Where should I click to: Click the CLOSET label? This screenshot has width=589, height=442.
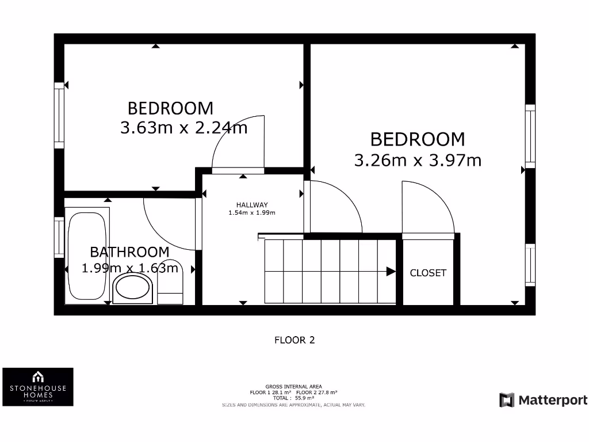point(428,273)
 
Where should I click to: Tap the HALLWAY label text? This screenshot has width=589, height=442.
point(252,205)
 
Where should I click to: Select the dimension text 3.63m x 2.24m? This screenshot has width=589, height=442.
point(183,127)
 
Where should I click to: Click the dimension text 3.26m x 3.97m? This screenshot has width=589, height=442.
point(418,160)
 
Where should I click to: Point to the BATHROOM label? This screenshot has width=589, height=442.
point(129,252)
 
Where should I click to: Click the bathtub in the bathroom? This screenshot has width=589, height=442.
point(86,257)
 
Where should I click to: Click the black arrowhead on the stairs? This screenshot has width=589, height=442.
point(391,272)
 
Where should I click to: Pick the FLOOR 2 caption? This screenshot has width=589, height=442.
point(294,340)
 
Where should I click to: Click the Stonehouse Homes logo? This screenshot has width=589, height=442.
point(38,387)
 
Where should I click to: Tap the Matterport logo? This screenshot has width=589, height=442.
point(543,400)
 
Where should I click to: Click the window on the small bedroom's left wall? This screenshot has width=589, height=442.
point(59,115)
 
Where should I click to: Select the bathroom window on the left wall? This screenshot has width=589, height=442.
point(59,237)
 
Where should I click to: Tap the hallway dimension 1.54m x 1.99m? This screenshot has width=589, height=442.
point(252,213)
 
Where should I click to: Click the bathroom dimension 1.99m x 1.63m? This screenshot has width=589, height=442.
point(129,268)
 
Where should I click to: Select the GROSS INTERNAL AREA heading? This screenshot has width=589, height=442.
point(293,386)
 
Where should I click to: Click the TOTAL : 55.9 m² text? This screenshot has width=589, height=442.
point(293,398)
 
